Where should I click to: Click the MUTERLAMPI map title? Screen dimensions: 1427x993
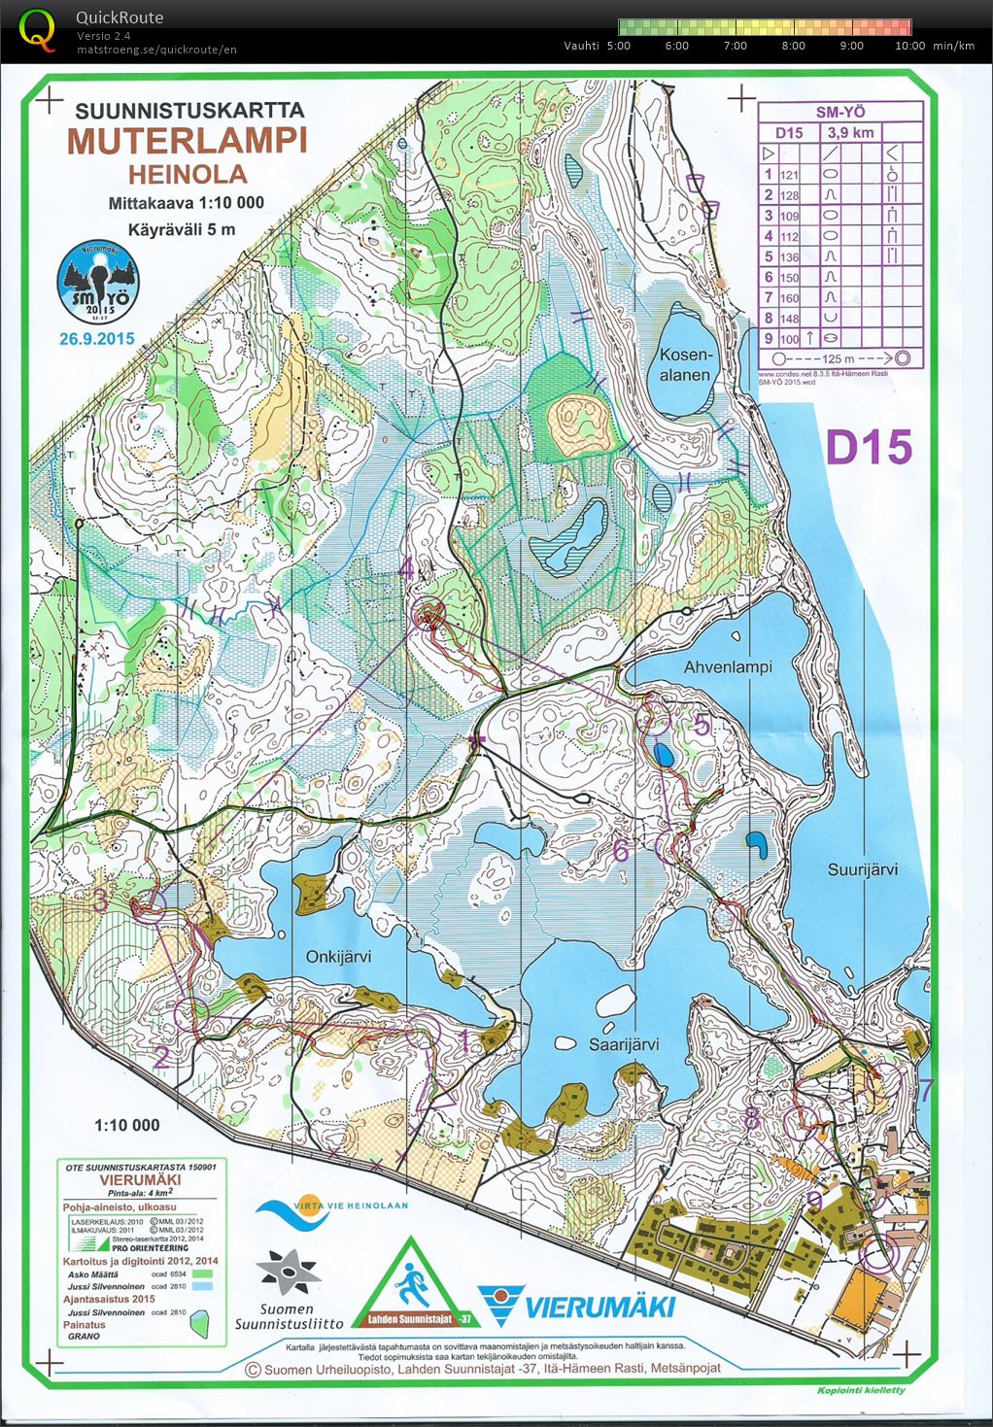187,141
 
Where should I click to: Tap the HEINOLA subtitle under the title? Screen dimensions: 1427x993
188,175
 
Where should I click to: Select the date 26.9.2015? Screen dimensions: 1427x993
96,339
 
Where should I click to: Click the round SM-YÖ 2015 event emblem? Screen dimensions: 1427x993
97,282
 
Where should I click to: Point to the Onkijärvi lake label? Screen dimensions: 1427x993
338,956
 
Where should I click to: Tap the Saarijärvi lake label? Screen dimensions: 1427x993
623,1044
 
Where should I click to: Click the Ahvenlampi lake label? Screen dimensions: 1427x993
727,667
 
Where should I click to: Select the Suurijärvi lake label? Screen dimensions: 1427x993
862,869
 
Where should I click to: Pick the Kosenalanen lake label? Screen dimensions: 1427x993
685,365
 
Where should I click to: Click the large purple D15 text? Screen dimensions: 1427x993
869,448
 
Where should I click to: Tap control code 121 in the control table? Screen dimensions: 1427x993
789,175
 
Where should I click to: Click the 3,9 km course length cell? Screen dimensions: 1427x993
849,132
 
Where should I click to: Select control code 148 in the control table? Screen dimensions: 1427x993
789,319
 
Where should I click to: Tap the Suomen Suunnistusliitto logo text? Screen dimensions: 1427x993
289,1315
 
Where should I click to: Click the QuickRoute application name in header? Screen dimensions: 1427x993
120,17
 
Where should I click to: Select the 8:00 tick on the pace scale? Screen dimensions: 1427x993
793,46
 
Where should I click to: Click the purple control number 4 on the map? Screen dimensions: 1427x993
406,568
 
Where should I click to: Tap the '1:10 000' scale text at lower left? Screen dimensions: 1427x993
126,1125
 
